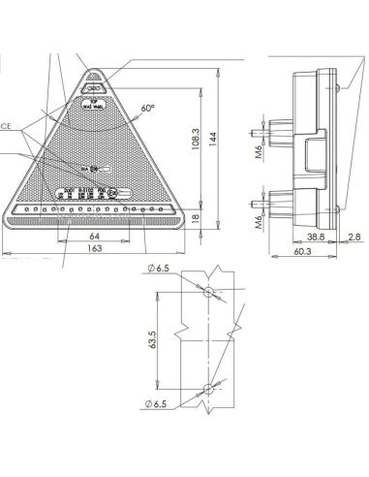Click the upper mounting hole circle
pos(207,291)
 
